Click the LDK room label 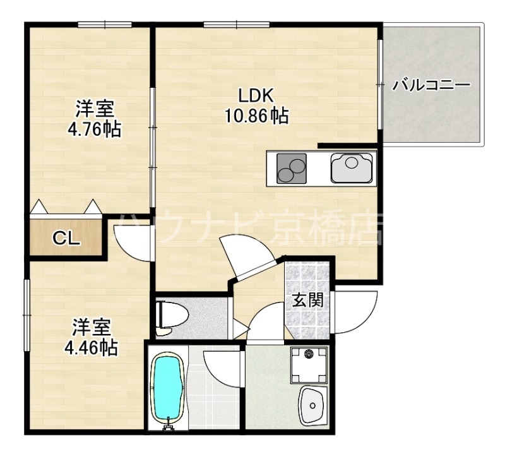(x=255, y=96)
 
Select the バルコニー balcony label (x=431, y=85)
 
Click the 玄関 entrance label (x=307, y=301)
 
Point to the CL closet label (x=65, y=238)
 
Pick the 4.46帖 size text (x=91, y=347)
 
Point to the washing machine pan (x=309, y=364)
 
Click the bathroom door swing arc (x=222, y=367)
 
